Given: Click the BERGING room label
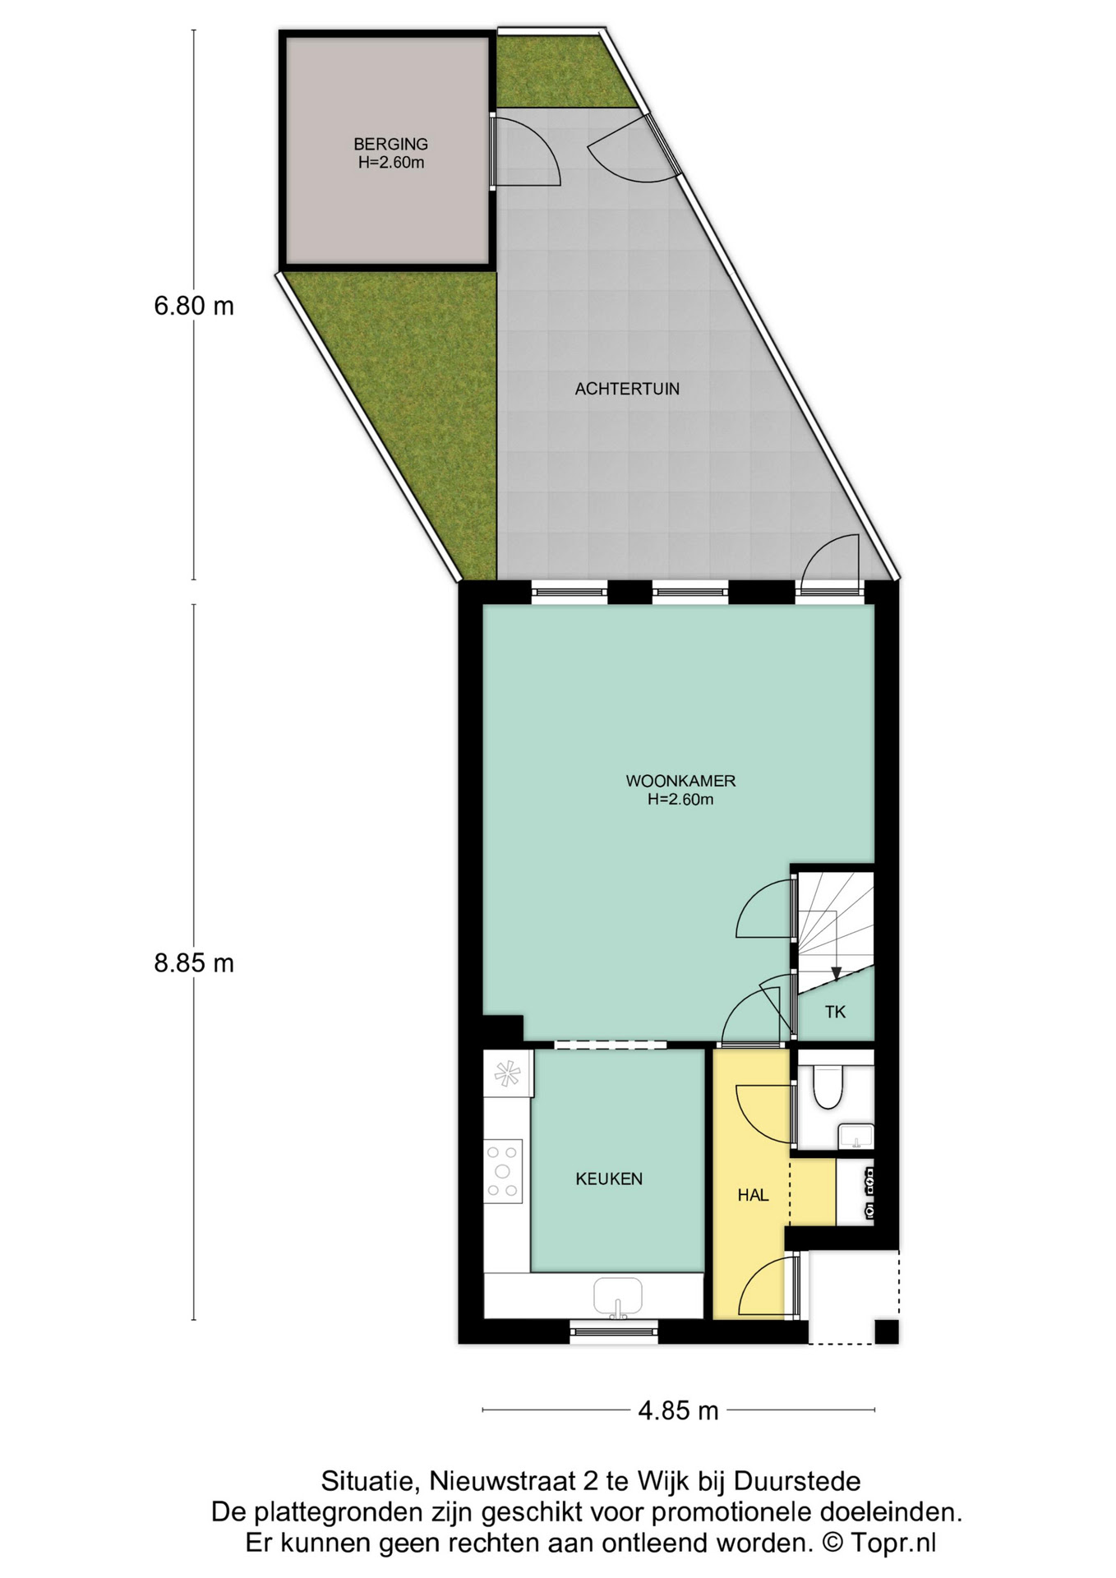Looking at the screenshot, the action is click(x=390, y=144).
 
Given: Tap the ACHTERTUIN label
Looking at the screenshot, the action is click(x=627, y=389).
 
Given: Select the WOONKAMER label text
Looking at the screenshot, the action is click(x=680, y=781).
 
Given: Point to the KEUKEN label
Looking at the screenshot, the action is click(x=609, y=1179).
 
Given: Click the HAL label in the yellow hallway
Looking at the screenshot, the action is click(x=753, y=1195).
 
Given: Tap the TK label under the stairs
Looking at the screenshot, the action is click(x=835, y=1012).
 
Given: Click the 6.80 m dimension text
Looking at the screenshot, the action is click(x=194, y=306).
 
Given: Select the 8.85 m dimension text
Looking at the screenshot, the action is click(x=194, y=962).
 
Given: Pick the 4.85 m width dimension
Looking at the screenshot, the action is click(x=679, y=1410).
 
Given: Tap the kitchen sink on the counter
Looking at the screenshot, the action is click(x=618, y=1298).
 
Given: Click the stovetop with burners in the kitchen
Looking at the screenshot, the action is click(x=503, y=1171).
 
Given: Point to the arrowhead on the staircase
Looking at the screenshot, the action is click(x=836, y=974).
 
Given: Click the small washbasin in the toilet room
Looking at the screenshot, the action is click(x=855, y=1137).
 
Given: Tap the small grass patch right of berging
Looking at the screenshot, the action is click(x=565, y=72).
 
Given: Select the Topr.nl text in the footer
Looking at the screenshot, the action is click(x=892, y=1543).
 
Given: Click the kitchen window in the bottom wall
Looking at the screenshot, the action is click(x=615, y=1330).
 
